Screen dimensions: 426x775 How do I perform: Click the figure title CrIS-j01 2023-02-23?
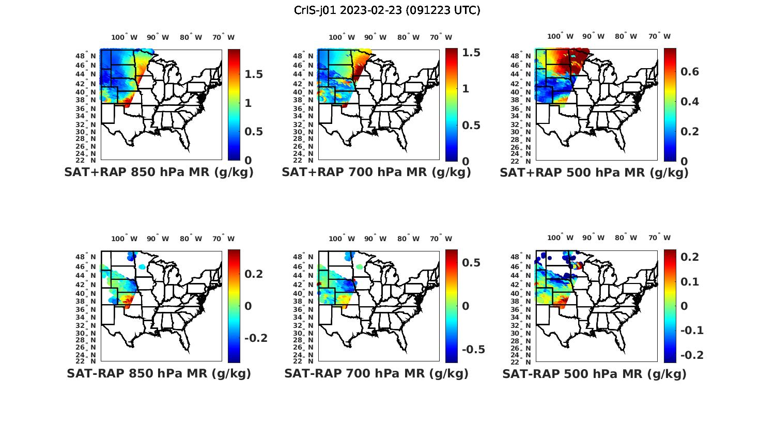[387, 10]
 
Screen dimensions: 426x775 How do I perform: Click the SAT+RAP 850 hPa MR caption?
[159, 172]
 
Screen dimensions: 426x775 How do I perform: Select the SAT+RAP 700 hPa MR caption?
[376, 172]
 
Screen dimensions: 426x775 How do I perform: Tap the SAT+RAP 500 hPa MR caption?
[594, 172]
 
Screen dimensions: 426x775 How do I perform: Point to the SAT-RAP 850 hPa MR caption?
[159, 373]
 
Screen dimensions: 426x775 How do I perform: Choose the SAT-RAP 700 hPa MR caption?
[376, 373]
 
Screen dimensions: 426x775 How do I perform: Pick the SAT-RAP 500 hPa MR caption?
[594, 373]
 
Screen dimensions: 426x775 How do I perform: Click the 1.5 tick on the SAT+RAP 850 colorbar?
[254, 74]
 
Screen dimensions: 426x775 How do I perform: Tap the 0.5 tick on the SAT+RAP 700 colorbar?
[471, 125]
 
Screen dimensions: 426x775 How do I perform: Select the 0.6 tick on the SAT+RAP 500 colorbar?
[690, 71]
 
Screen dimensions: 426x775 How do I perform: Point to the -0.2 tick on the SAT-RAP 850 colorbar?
[256, 338]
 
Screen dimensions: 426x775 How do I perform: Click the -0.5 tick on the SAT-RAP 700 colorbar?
[473, 349]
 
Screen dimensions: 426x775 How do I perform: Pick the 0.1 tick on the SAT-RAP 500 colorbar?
[691, 281]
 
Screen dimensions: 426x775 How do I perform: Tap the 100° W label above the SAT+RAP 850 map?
[125, 37]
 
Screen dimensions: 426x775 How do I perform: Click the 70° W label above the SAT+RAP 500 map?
[659, 36]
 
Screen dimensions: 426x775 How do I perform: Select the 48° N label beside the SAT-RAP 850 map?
[85, 257]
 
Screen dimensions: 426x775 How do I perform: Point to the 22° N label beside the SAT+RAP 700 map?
[303, 160]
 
